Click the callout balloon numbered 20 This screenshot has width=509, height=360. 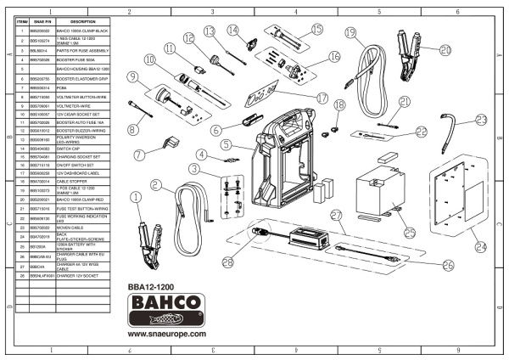[445, 50]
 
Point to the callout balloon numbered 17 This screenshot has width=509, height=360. [322, 98]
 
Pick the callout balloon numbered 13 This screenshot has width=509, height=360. [210, 31]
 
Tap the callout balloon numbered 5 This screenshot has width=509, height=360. [228, 145]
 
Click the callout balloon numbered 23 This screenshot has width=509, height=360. [481, 121]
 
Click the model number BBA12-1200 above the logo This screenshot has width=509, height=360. [158, 287]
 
